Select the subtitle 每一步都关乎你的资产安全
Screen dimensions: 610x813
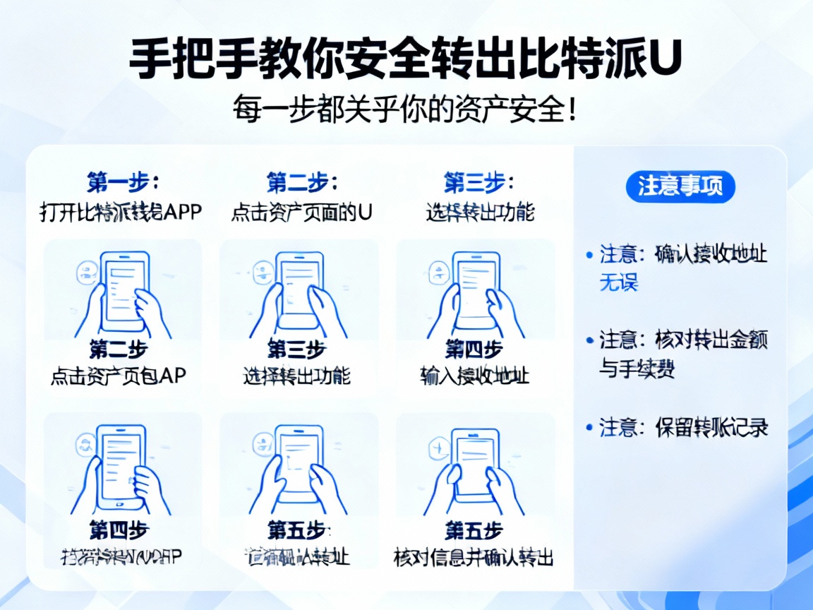coord(405,112)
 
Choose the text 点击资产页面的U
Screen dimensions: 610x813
coord(301,211)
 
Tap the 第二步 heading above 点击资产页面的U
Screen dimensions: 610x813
coord(301,183)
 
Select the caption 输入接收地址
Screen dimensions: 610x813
coord(474,375)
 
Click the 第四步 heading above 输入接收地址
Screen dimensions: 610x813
coord(474,349)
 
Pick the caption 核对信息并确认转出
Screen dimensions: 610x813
coord(474,557)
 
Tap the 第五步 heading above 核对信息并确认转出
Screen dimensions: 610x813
coord(474,530)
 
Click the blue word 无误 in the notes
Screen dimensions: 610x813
coord(618,283)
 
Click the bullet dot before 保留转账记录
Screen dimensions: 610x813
coord(590,427)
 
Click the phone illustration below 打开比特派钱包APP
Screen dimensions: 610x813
coord(123,292)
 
